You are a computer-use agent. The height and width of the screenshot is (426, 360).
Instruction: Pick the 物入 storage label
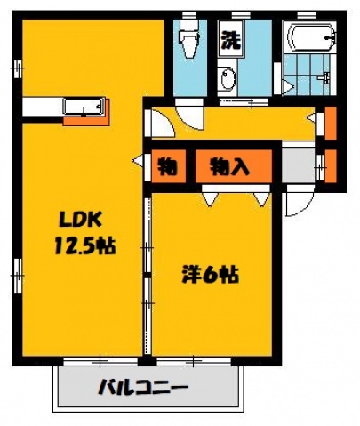229,165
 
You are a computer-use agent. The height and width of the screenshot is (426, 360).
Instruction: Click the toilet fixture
188,40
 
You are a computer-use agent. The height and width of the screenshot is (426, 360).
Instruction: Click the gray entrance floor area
298,165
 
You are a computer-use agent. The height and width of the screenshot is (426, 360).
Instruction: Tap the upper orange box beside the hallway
330,121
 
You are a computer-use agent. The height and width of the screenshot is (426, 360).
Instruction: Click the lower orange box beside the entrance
330,166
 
